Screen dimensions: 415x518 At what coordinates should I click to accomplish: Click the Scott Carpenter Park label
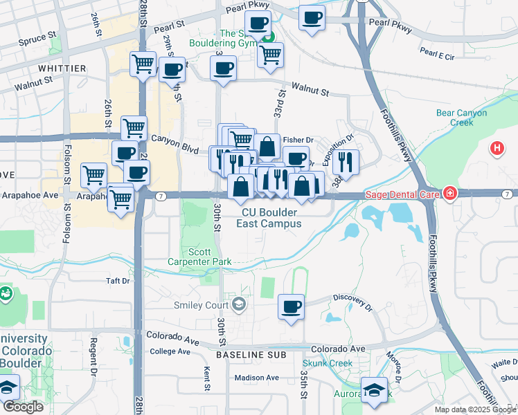[199, 257]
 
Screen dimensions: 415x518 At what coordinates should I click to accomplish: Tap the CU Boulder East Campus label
[269, 218]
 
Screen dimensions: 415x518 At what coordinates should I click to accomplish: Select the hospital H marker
[497, 148]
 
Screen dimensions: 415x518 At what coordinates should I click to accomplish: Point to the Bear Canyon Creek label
[461, 118]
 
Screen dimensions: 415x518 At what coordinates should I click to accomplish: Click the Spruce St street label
[38, 37]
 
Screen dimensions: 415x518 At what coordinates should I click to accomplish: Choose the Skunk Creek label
[328, 363]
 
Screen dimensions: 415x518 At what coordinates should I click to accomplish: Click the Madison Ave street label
[256, 378]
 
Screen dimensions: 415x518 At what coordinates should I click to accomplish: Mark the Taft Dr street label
[118, 281]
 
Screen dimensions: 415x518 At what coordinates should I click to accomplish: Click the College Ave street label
[170, 351]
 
